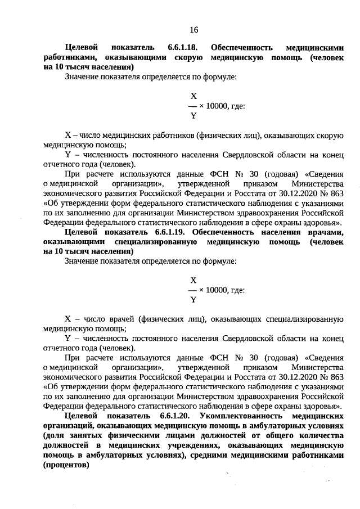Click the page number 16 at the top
click(x=193, y=29)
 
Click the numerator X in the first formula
click(x=193, y=96)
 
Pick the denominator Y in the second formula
click(x=193, y=300)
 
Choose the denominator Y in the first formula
click(x=193, y=116)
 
